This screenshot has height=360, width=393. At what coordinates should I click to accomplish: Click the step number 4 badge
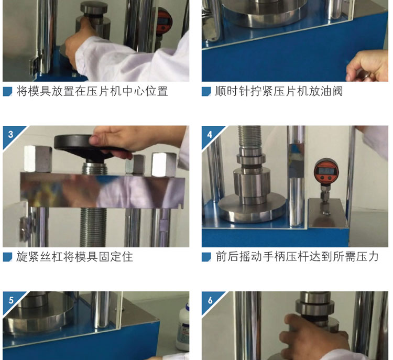click(x=210, y=134)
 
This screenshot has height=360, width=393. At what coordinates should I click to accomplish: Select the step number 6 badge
click(x=210, y=300)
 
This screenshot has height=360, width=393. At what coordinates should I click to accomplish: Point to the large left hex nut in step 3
click(x=38, y=159)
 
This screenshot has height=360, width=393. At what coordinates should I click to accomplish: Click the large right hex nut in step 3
click(x=164, y=164)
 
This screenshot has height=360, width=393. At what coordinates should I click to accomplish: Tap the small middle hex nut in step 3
click(x=135, y=164)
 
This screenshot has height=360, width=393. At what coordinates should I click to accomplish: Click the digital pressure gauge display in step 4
click(x=326, y=171)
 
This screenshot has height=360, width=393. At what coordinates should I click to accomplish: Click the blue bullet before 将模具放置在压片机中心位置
click(x=7, y=92)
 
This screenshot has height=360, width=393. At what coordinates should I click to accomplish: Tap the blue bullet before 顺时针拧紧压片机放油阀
click(x=206, y=92)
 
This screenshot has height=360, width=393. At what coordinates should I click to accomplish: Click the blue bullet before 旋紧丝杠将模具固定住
click(x=7, y=257)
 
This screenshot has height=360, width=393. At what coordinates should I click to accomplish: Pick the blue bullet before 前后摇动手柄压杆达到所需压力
click(x=206, y=257)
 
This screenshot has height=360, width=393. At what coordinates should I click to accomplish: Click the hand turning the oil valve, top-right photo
click(x=367, y=66)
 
